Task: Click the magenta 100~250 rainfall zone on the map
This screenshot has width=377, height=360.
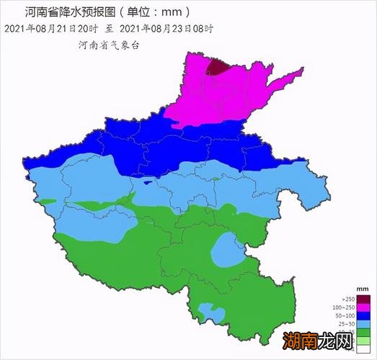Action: coord(216,97)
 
